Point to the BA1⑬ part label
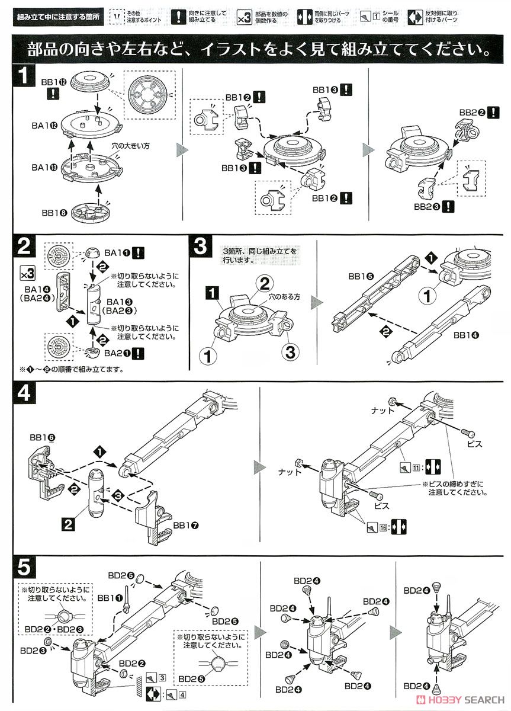pyautogui.click(x=45, y=168)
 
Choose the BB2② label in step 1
pyautogui.click(x=473, y=113)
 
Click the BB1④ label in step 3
pyautogui.click(x=467, y=335)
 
